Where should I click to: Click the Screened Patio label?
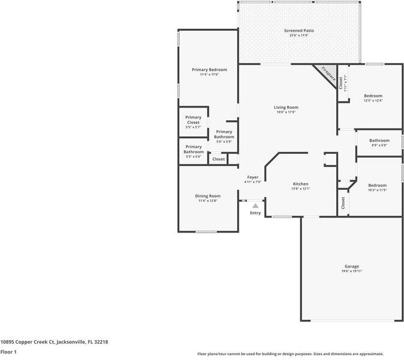(x=298, y=31)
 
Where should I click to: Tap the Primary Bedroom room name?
(x=205, y=70)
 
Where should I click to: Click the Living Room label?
(x=286, y=108)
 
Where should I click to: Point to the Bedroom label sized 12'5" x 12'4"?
(x=373, y=96)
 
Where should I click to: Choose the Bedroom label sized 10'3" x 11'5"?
(x=377, y=185)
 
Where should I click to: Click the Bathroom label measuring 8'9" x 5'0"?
(x=379, y=141)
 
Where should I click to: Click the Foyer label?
(x=253, y=177)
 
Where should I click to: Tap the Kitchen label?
(x=300, y=184)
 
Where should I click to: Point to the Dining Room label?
(x=207, y=196)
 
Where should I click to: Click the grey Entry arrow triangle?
(x=255, y=206)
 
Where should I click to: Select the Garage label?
(x=351, y=266)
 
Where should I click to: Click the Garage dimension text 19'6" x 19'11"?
(x=351, y=271)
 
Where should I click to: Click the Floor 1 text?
(x=8, y=352)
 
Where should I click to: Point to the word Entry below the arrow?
(x=255, y=213)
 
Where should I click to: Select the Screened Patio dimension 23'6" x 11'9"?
(x=298, y=35)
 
